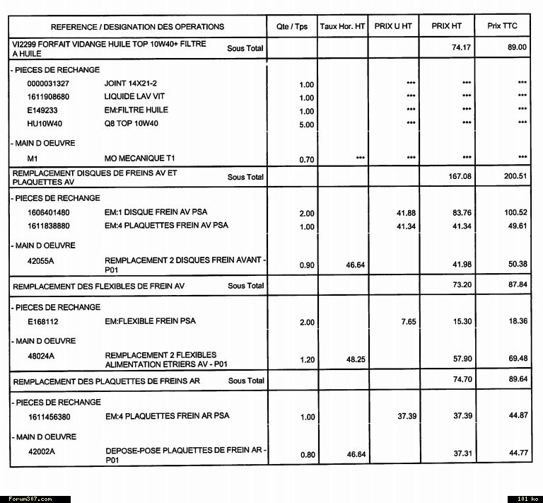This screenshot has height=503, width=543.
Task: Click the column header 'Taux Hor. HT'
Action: [x=342, y=26]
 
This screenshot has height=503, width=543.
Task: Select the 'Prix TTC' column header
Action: [x=502, y=26]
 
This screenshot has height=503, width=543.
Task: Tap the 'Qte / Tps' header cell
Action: [x=292, y=27]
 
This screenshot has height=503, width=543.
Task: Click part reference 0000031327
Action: [x=49, y=83]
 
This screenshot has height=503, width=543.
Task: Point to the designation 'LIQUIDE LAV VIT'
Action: [x=135, y=96]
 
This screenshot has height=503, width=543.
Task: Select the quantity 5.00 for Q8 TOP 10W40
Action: [x=306, y=125]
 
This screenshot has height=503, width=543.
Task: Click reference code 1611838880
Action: [x=49, y=226]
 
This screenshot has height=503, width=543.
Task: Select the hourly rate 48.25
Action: [x=356, y=359]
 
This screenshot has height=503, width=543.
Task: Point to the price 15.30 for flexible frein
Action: [x=462, y=322]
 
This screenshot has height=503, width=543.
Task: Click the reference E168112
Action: [x=42, y=321]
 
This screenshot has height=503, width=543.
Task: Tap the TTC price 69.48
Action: [x=518, y=359]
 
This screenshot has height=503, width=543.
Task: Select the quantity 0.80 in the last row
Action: [x=307, y=455]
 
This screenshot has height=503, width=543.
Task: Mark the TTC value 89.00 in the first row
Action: [x=518, y=47]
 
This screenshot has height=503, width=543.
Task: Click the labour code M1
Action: [x=33, y=158]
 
